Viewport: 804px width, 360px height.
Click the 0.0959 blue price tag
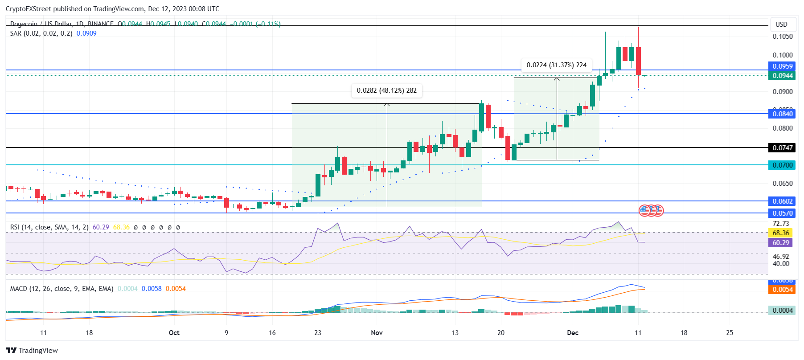point(782,66)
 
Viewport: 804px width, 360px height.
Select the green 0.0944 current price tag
point(782,76)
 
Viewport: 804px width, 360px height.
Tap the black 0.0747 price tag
point(782,147)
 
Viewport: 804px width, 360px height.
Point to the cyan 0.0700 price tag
point(782,165)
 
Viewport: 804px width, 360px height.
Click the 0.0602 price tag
point(782,201)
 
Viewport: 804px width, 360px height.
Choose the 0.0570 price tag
point(782,213)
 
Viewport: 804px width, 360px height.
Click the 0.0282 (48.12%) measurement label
point(386,90)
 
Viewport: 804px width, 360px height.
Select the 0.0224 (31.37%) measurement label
point(556,65)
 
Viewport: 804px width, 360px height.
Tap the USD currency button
point(781,25)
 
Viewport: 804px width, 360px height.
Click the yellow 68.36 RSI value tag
point(780,233)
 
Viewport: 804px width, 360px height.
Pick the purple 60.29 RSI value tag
point(780,243)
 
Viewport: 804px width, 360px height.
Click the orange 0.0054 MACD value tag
point(782,290)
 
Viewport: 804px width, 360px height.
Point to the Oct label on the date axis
point(174,333)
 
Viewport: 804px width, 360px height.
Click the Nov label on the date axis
point(377,333)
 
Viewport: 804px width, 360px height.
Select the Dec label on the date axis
point(573,333)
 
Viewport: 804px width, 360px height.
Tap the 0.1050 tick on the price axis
point(783,37)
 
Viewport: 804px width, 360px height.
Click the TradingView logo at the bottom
point(32,350)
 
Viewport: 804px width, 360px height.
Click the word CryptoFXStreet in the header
point(29,9)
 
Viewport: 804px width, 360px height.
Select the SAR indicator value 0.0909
point(86,33)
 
